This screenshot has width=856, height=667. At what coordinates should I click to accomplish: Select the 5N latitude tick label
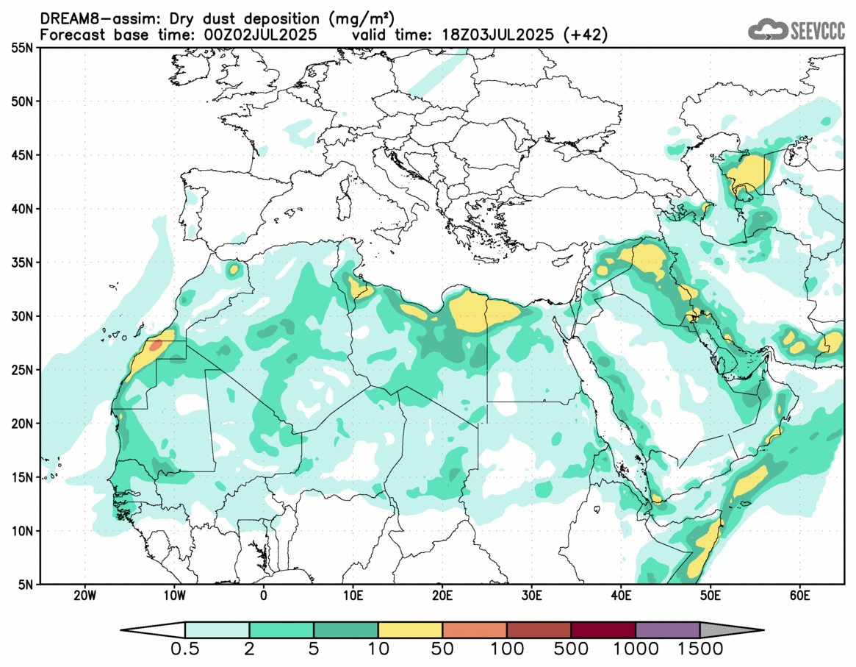tap(24, 585)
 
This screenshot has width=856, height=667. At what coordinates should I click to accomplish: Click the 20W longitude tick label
tap(85, 594)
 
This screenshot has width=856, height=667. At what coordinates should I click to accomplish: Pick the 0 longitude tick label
tap(263, 594)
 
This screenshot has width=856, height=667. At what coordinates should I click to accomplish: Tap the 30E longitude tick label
tap(531, 594)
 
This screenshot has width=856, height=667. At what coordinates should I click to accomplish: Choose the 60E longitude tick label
tap(799, 594)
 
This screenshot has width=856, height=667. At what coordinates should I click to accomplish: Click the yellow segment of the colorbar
tap(410, 630)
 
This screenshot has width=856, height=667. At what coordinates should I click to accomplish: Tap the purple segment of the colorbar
tap(667, 630)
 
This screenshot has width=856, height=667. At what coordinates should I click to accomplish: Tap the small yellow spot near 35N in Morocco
tap(234, 269)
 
